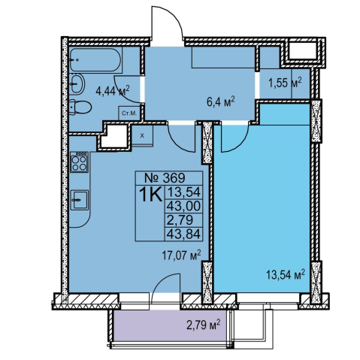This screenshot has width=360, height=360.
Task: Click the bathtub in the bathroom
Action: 95,60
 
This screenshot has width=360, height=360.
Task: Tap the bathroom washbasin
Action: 77,83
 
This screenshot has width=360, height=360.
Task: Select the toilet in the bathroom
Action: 80,107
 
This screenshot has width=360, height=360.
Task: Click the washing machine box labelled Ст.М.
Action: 129,113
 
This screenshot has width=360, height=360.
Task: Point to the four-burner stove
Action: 79,162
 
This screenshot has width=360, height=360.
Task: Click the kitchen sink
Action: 79,200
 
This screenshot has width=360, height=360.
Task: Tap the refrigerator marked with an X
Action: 142,135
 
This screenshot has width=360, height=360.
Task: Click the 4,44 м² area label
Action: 113,90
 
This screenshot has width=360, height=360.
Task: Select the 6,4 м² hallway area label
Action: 221,101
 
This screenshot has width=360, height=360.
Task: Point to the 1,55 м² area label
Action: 285,82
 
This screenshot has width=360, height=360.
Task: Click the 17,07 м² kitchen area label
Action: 181,256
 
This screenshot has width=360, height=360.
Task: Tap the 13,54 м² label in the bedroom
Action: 286,275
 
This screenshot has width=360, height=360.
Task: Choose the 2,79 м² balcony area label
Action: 203,325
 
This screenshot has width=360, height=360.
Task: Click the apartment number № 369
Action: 165,178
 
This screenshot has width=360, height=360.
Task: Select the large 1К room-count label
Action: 150,195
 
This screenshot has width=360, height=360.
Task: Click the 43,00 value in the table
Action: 183,206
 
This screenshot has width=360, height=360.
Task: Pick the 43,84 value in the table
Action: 183,234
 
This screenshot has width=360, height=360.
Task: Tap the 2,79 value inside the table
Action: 180,220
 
